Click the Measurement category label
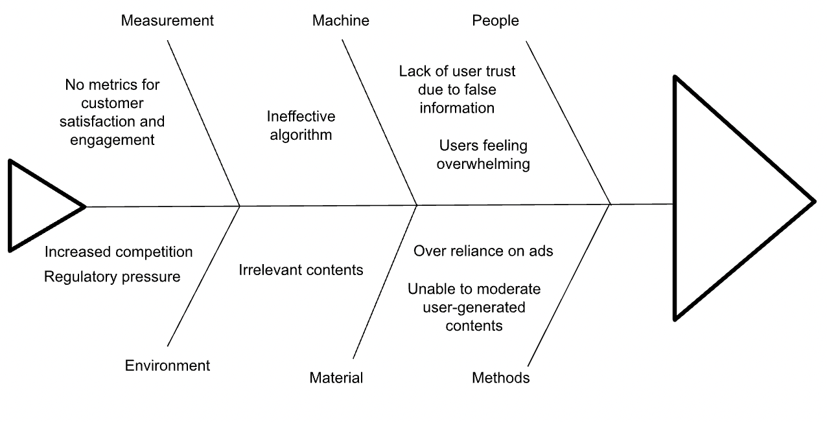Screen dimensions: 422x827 coord(167,21)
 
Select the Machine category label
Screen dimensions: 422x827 coord(340,21)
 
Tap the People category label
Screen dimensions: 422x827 coord(495,21)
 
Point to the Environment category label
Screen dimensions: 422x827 coord(167,366)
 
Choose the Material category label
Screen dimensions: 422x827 coord(336,378)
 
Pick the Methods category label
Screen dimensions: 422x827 coord(500,378)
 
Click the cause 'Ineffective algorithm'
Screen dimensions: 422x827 coord(301,126)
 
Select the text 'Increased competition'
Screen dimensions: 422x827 coord(119,252)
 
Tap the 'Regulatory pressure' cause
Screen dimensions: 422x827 coord(112,277)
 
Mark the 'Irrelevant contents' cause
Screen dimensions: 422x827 coord(301,270)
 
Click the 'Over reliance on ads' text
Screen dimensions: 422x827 coord(483,250)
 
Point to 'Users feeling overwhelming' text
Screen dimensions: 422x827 coord(483,155)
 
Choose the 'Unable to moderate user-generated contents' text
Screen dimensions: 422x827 coord(473,307)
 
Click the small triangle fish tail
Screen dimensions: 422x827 coord(39,206)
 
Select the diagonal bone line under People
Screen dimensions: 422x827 coord(568,123)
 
